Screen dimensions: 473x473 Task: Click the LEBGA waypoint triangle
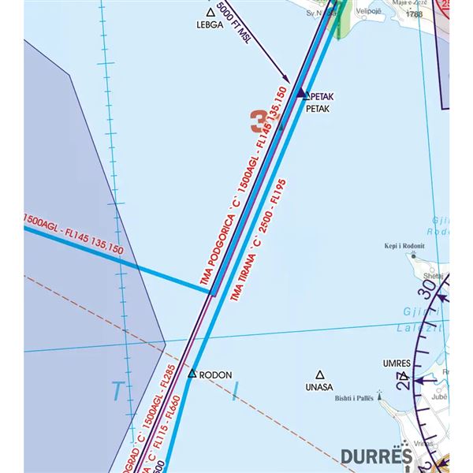210,13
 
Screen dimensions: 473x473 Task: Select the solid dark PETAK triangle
300,94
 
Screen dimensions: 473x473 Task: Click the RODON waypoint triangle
192,372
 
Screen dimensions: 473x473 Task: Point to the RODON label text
216,375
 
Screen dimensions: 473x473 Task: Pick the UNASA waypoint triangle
319,375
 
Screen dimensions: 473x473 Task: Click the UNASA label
318,388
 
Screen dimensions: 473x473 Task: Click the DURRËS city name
377,456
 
